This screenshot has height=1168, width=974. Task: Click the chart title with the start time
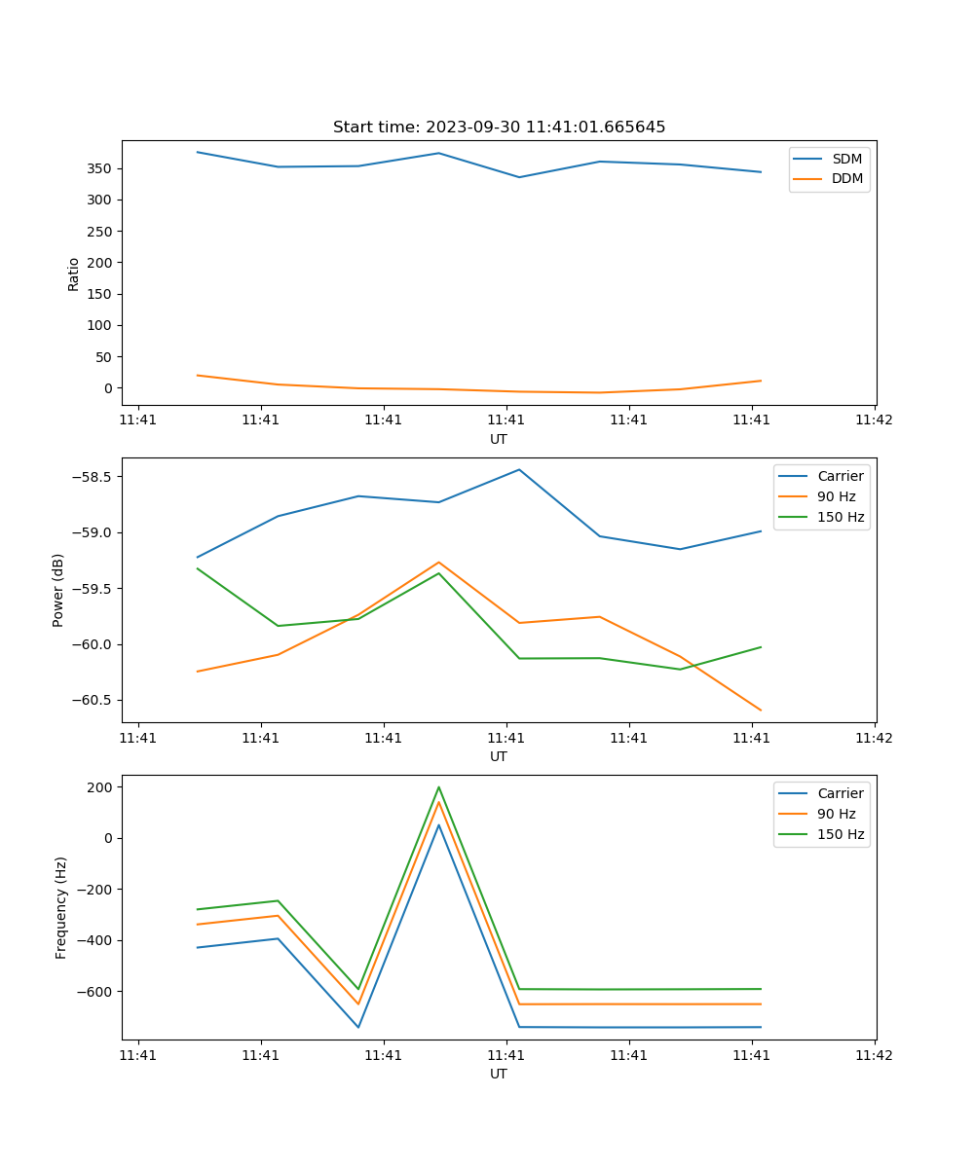click(499, 128)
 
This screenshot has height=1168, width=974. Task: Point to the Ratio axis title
click(74, 274)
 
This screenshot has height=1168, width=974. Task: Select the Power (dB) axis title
click(58, 590)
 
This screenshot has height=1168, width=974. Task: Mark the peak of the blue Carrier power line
click(519, 469)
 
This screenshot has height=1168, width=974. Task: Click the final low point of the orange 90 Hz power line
click(760, 711)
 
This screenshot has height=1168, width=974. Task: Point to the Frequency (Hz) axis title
click(60, 907)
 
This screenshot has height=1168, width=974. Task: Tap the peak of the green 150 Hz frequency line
click(438, 786)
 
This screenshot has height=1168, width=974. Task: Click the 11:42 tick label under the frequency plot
click(874, 1055)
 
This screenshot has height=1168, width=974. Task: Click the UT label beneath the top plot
click(499, 439)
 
